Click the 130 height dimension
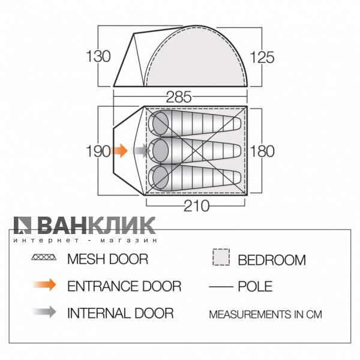[x=98, y=56]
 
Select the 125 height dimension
[x=262, y=58]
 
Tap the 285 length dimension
[x=179, y=97]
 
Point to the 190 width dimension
[x=98, y=151]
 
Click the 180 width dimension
[x=262, y=151]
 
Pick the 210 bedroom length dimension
[x=197, y=206]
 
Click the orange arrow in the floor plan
[x=118, y=151]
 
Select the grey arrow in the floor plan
[x=142, y=151]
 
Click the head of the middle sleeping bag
[x=160, y=151]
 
